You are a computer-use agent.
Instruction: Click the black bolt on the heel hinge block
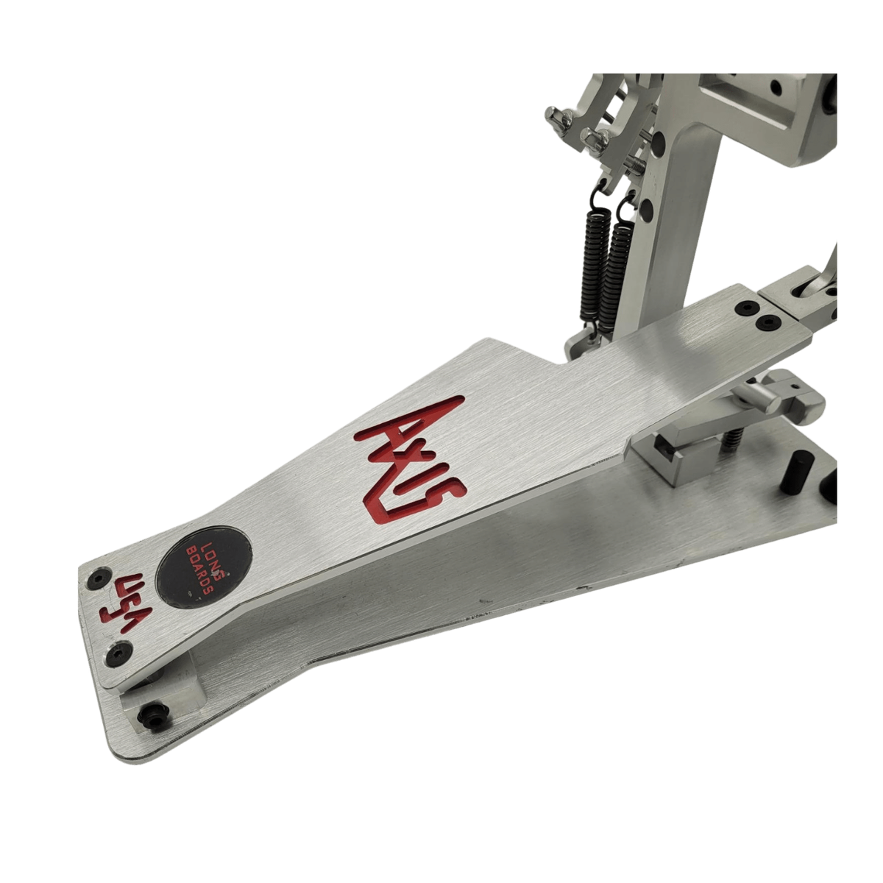click(152, 723)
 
